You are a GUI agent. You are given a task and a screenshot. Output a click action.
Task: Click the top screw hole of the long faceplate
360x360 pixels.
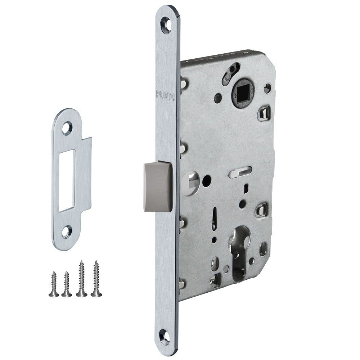[x=166, y=22]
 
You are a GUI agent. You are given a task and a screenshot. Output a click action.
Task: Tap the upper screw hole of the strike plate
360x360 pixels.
[x=68, y=127]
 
